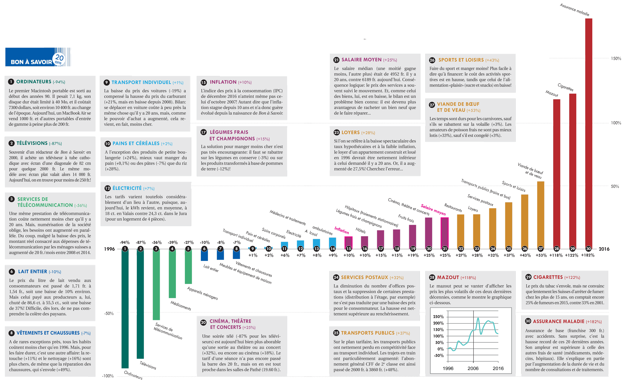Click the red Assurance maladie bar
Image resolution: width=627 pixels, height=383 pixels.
[588, 133]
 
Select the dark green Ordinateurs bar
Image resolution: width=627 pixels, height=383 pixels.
[125, 308]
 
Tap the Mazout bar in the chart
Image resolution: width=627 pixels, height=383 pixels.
[556, 174]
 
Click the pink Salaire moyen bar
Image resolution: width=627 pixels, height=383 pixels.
[445, 233]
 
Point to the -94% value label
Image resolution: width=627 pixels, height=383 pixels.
[125, 242]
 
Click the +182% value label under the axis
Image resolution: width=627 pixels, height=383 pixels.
[588, 255]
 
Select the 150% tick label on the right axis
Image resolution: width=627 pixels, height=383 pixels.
[616, 59]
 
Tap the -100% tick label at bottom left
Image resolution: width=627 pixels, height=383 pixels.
[108, 376]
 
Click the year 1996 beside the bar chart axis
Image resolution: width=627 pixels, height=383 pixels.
[109, 249]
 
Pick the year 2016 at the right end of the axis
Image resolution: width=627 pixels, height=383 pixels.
[604, 249]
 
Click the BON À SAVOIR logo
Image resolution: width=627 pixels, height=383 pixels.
[38, 57]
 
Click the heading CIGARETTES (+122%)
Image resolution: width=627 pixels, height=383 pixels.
[557, 277]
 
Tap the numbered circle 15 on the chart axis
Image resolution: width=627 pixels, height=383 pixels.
[349, 249]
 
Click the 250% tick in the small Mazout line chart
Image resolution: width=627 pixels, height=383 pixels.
[438, 317]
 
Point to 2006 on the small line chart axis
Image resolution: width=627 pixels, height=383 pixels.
[473, 368]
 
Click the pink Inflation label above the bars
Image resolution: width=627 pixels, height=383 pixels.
[342, 230]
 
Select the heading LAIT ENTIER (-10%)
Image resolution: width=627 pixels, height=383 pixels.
[40, 272]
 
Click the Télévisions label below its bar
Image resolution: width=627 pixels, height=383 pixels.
[148, 365]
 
